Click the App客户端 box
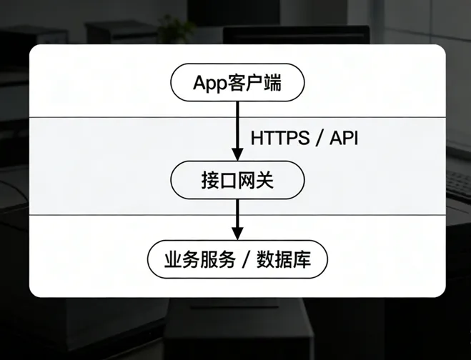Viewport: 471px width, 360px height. click(x=237, y=84)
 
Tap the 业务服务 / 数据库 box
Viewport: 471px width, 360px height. click(x=237, y=259)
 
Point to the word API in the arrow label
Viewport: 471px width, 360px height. click(x=343, y=138)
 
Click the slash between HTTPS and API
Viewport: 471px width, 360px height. click(x=317, y=138)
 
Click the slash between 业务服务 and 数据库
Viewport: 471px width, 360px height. click(x=246, y=259)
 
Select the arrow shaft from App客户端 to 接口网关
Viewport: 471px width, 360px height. click(x=237, y=125)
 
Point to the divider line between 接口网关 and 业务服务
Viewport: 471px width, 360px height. click(x=107, y=214)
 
